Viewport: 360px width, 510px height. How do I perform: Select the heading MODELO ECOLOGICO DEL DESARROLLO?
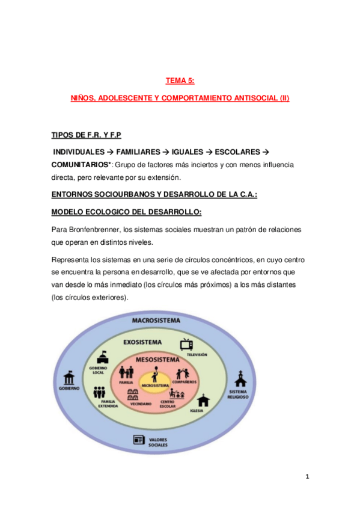pos(126,212)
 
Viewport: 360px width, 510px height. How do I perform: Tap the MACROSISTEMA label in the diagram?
pos(156,321)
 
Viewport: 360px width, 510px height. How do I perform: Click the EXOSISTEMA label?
pos(142,342)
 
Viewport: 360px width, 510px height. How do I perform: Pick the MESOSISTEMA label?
pos(159,360)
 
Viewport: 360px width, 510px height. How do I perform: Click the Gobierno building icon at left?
pos(69,378)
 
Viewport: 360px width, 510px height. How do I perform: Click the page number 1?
pos(307,476)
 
